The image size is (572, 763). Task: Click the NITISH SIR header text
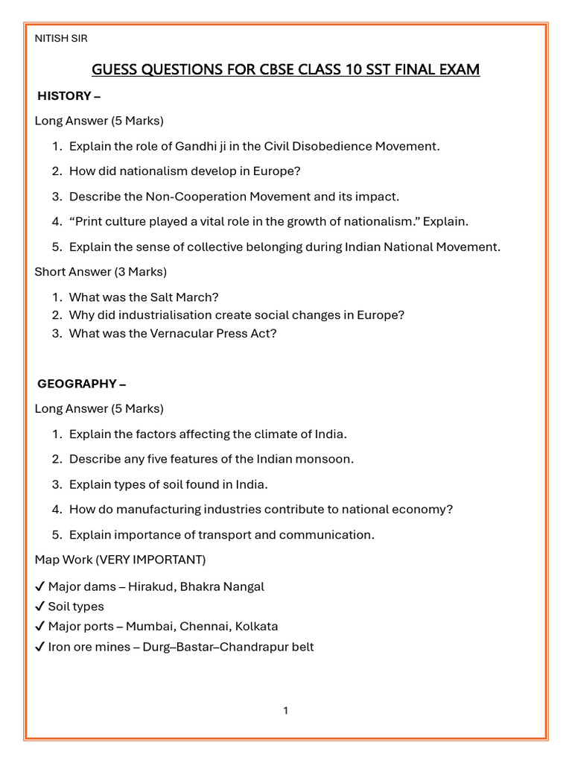pyautogui.click(x=61, y=39)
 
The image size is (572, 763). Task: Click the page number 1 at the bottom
pyautogui.click(x=285, y=711)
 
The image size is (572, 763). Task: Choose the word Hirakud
pyautogui.click(x=151, y=586)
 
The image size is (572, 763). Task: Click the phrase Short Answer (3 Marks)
pyautogui.click(x=101, y=271)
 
